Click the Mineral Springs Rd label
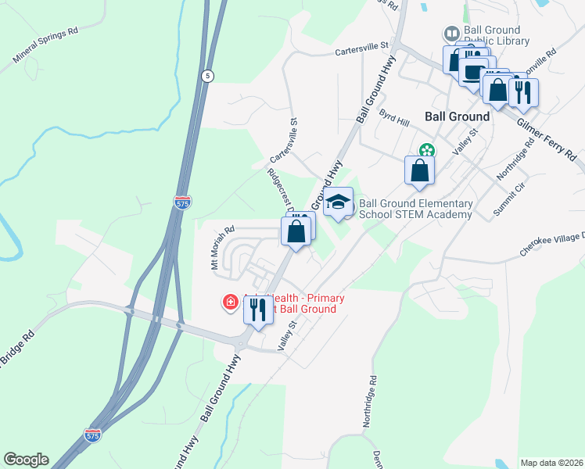pyautogui.click(x=46, y=46)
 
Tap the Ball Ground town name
pyautogui.click(x=457, y=116)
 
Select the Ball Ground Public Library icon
pyautogui.click(x=451, y=34)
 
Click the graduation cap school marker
pyautogui.click(x=338, y=202)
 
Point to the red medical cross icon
pyautogui.click(x=231, y=302)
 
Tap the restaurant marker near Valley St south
pyautogui.click(x=258, y=310)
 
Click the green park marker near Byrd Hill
pyautogui.click(x=426, y=150)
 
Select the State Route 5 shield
pyautogui.click(x=206, y=76)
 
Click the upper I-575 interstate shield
pyautogui.click(x=182, y=202)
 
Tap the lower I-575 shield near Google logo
pyautogui.click(x=93, y=435)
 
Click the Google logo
pyautogui.click(x=26, y=460)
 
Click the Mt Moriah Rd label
pyautogui.click(x=222, y=249)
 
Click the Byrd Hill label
pyautogui.click(x=394, y=118)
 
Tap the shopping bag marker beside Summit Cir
pyautogui.click(x=419, y=170)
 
